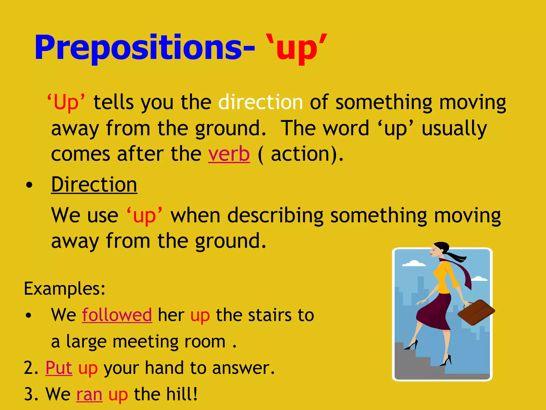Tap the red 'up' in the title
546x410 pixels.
297,49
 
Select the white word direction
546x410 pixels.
260,102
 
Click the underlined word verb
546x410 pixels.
229,154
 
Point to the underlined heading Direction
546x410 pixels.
94,184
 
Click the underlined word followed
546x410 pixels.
117,315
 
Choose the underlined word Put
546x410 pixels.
59,368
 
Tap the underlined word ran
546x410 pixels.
89,394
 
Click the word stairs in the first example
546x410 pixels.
270,315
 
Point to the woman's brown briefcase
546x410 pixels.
476,312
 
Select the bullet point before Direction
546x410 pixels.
29,185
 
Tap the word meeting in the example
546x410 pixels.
146,342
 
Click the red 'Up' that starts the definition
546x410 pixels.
66,102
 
